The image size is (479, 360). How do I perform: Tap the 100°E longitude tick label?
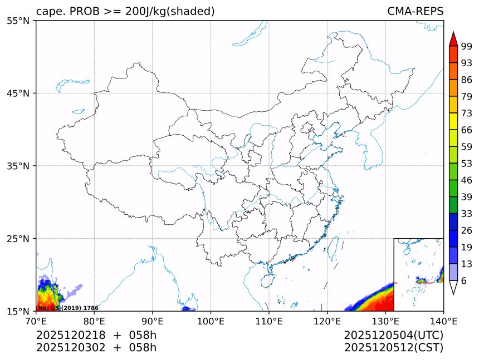click(x=211, y=321)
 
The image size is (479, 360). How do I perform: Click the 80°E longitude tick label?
click(x=94, y=321)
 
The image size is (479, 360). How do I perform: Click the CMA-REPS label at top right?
click(x=415, y=12)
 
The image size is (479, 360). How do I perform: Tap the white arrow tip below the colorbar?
click(x=453, y=288)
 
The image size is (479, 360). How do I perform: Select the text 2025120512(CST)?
click(x=393, y=348)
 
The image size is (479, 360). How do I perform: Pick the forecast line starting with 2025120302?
click(x=96, y=348)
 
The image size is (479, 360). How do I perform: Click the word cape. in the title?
click(x=48, y=12)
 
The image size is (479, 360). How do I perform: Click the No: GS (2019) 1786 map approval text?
click(x=68, y=308)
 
